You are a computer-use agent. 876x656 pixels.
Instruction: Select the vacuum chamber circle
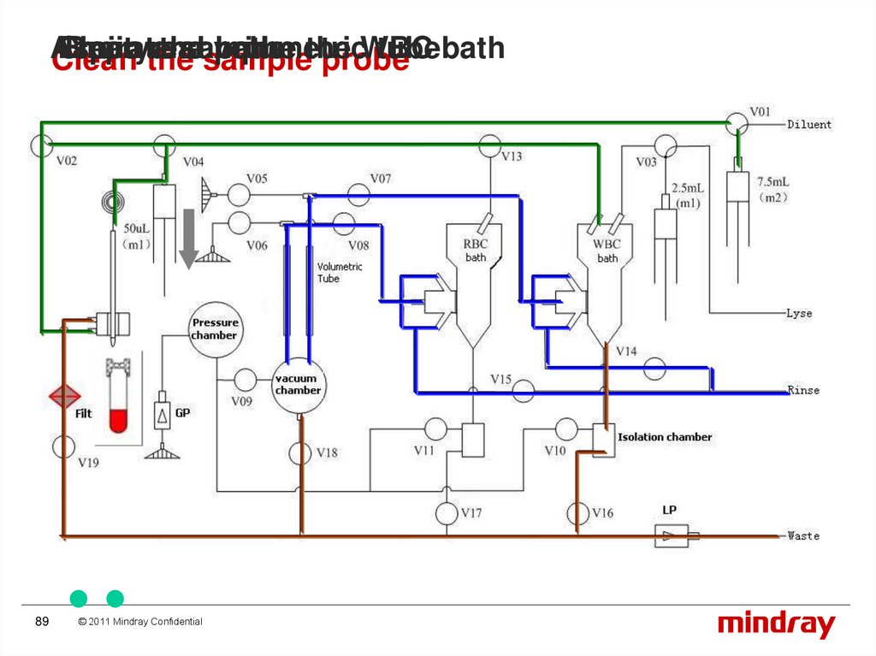[x=298, y=384]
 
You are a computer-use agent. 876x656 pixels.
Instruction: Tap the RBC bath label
[x=476, y=251]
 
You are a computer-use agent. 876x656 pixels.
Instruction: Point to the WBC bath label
[x=607, y=251]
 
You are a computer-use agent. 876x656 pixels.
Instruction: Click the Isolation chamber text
[x=665, y=437]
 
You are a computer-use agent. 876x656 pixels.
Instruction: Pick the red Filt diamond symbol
[x=63, y=396]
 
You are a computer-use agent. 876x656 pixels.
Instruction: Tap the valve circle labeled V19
[x=63, y=446]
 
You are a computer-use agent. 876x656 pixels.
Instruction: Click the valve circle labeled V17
[x=447, y=513]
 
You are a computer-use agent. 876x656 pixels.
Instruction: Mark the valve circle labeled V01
[x=736, y=124]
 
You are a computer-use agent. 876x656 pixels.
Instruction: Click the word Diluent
[x=808, y=124]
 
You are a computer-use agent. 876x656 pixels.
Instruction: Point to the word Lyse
[x=799, y=313]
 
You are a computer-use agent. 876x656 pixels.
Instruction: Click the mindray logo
[x=776, y=624]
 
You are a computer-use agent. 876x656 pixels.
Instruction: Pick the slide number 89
[x=41, y=622]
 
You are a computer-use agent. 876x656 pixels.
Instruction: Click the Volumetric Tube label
[x=340, y=272]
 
